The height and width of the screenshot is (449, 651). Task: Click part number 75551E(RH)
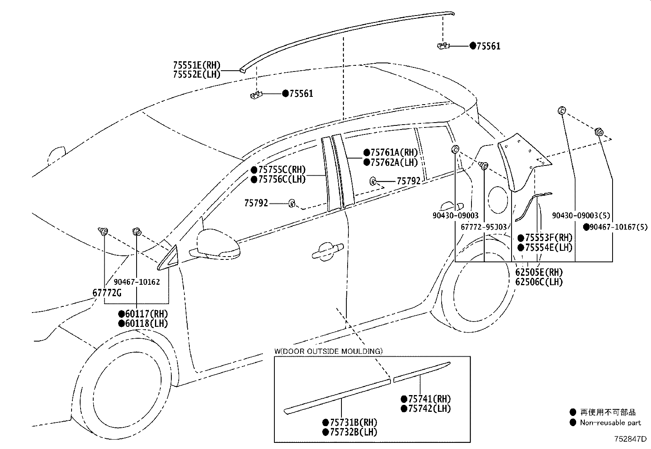[197, 65]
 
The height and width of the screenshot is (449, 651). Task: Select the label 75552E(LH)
[197, 75]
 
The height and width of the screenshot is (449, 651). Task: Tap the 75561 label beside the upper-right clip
[488, 46]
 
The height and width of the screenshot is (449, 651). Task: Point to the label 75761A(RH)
[394, 153]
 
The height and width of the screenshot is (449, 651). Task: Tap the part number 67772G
[107, 293]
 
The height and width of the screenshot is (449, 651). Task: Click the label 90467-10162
[137, 282]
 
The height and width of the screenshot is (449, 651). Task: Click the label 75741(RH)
[429, 399]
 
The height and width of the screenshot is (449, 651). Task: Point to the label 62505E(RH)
[539, 273]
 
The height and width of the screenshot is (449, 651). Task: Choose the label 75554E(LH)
[548, 248]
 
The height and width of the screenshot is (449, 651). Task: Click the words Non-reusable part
[611, 423]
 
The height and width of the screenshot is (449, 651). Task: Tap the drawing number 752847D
[630, 440]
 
